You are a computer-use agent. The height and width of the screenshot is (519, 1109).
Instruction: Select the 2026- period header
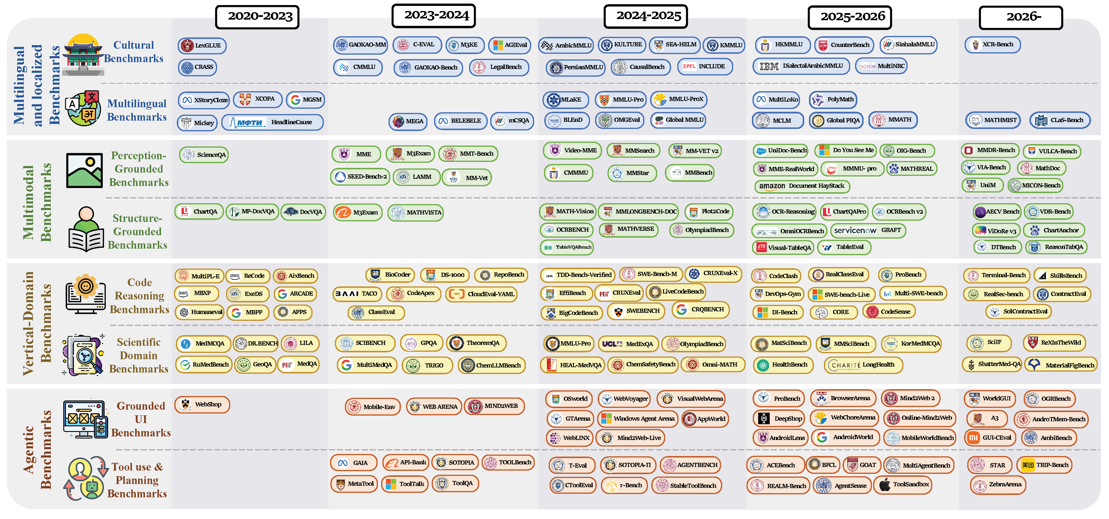(1021, 17)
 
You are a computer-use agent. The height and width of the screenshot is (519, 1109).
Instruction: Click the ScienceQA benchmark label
(203, 154)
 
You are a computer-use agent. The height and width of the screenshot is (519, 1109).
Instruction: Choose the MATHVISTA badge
(415, 212)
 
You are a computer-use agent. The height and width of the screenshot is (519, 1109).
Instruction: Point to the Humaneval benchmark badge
(199, 312)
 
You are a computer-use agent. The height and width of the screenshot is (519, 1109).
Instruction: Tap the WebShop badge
(202, 405)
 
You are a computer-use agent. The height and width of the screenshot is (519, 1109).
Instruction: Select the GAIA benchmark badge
(354, 463)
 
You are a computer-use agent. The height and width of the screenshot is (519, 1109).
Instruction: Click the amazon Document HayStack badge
(801, 186)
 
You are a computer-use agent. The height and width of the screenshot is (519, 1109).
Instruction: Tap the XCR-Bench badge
(992, 44)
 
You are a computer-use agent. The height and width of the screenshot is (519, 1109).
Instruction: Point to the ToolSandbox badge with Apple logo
(903, 485)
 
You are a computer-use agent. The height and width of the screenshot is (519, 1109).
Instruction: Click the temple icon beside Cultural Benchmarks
(83, 54)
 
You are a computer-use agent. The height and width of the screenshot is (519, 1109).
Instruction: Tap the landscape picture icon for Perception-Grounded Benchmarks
(84, 171)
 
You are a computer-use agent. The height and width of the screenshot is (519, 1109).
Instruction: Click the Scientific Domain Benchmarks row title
(139, 356)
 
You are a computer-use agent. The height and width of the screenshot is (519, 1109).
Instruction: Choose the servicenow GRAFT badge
(868, 230)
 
